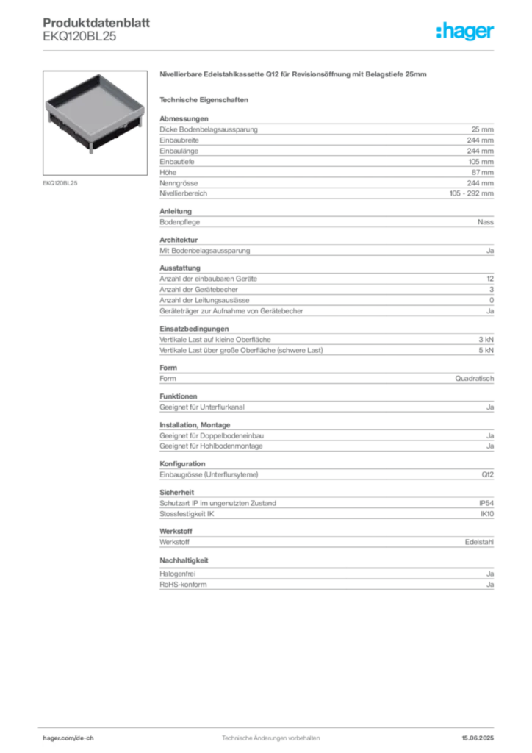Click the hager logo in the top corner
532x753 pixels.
pos(465,31)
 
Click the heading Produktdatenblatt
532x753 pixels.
pos(96,23)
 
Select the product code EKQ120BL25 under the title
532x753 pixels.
pos(79,37)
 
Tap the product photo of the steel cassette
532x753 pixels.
pos(95,123)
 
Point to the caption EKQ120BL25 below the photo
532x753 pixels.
pos(60,183)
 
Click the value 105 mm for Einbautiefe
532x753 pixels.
pos(481,162)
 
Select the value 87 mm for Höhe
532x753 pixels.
pos(482,172)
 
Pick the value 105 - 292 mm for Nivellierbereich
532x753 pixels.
pos(471,193)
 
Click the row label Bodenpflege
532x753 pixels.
pos(179,222)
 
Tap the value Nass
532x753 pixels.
pos(486,222)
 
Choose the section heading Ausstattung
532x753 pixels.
pos(180,268)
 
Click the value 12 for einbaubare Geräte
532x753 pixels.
pos(490,279)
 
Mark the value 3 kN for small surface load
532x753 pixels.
pos(486,340)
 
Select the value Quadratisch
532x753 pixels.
pos(475,379)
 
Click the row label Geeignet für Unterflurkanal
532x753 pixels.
pos(202,407)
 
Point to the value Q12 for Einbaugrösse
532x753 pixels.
pos(487,474)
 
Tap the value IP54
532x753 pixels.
pos(486,503)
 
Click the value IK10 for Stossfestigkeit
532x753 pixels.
pos(487,514)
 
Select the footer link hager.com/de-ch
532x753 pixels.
pos(68,738)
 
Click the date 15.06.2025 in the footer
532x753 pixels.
pos(478,738)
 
